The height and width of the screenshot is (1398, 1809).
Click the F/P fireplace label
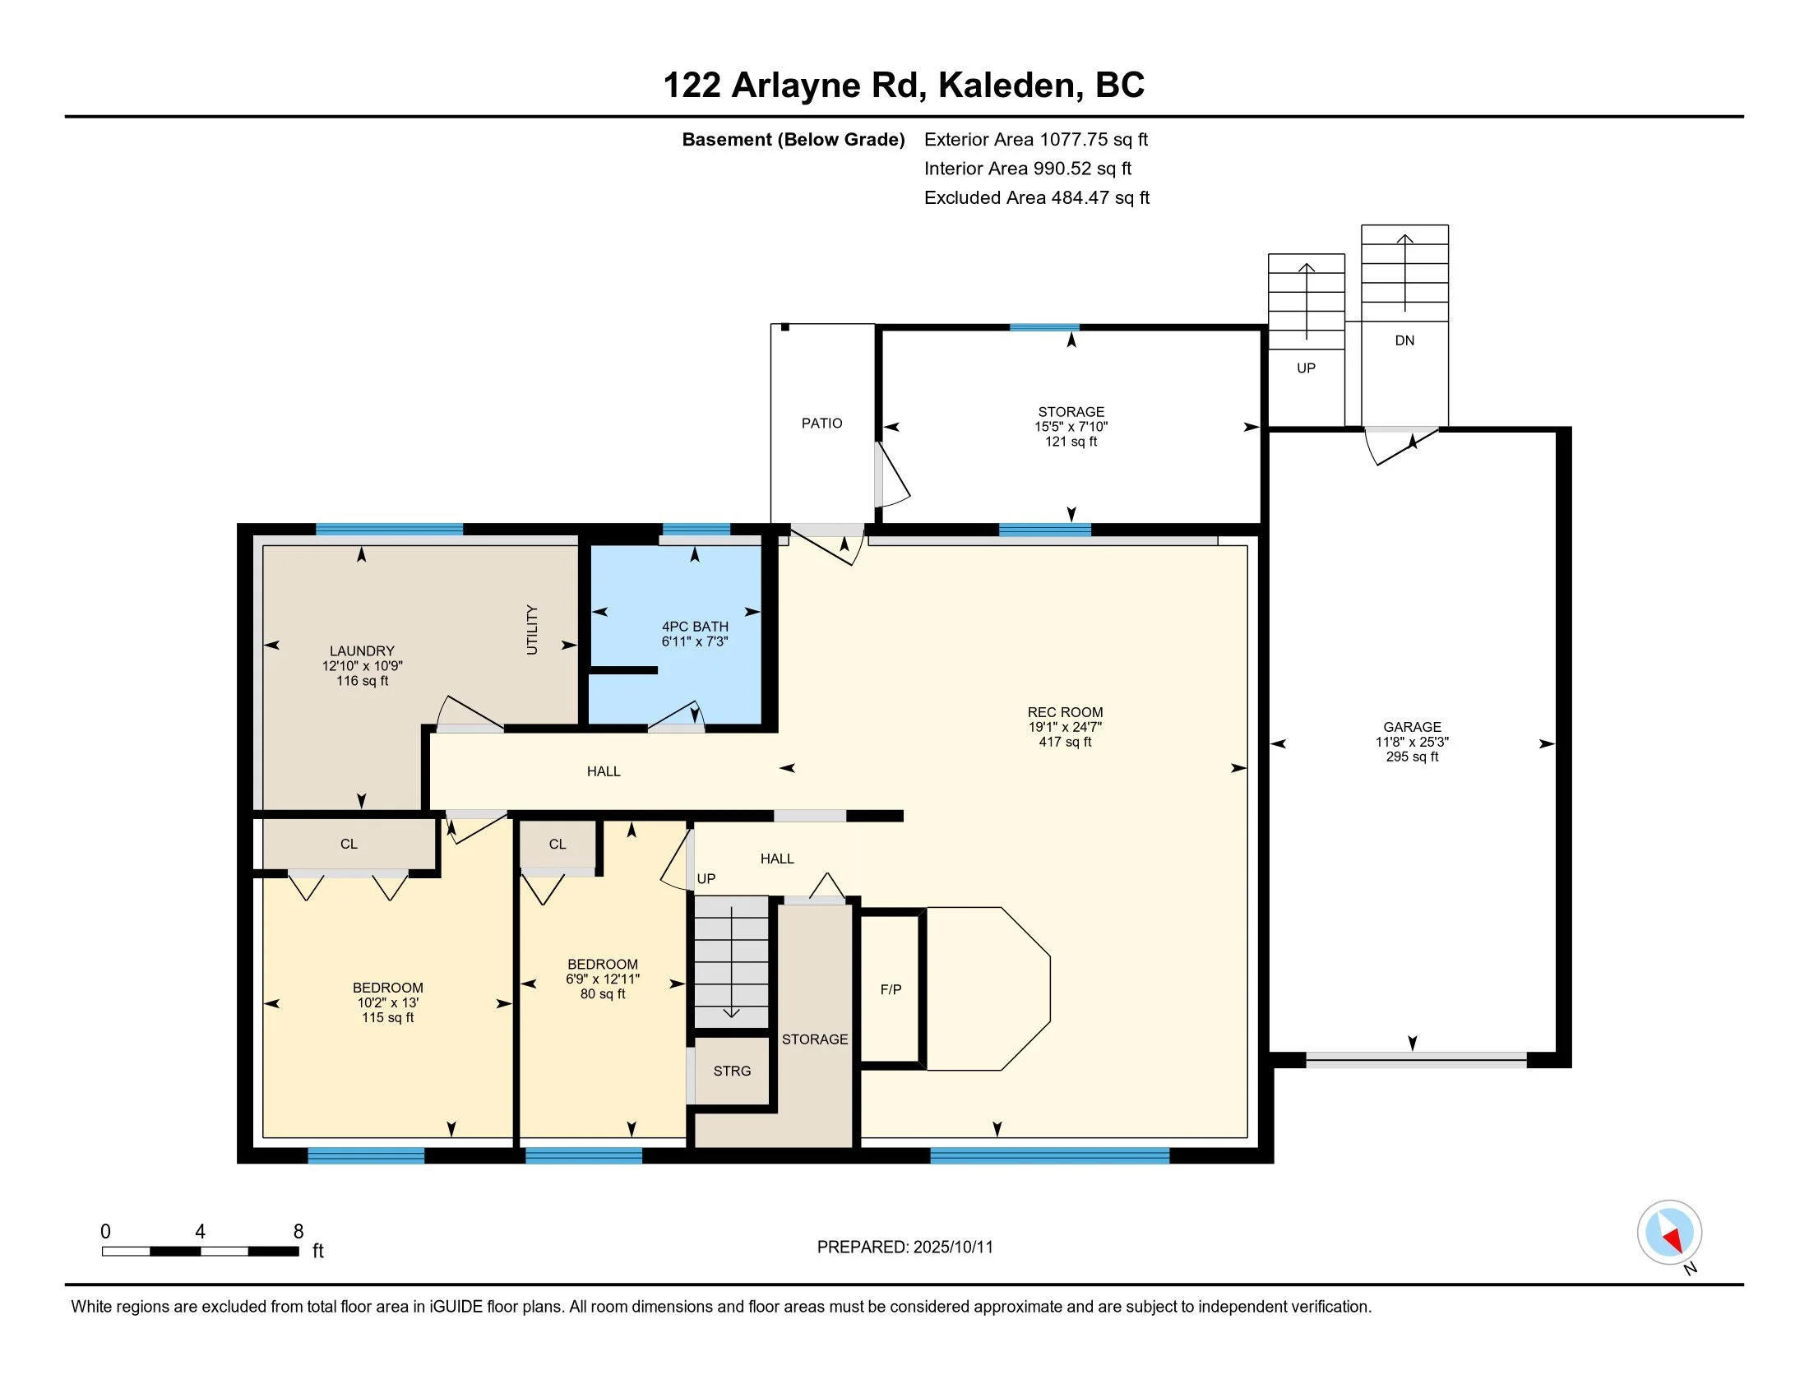coord(891,989)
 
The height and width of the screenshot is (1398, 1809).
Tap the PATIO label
coord(821,424)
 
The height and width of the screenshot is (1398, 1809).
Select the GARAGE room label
coord(1412,727)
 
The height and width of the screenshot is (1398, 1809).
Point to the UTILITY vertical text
coord(532,629)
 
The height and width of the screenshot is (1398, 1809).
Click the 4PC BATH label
coord(695,627)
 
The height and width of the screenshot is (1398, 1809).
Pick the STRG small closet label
coord(732,1071)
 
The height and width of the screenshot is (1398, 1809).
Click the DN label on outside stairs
coord(1404,340)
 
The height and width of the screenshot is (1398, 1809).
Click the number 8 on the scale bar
coord(298,1232)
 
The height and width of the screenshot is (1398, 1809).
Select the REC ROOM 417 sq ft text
coord(1065,742)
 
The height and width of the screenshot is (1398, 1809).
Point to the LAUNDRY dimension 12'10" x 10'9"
coord(362,666)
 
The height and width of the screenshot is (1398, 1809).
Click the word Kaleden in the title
coord(1006,86)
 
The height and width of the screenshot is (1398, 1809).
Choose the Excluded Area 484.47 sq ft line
coord(1037,198)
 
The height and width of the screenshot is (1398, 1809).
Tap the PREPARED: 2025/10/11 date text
coord(904,1248)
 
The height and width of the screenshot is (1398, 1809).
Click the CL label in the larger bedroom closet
coord(349,844)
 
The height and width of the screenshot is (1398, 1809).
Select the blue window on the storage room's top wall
coord(1044,327)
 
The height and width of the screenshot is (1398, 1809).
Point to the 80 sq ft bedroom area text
coord(603,994)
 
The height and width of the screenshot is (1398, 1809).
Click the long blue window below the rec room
coord(1049,1155)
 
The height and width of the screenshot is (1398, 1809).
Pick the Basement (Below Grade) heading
coord(793,140)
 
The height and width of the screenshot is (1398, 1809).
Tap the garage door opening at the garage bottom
coord(1417,1060)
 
